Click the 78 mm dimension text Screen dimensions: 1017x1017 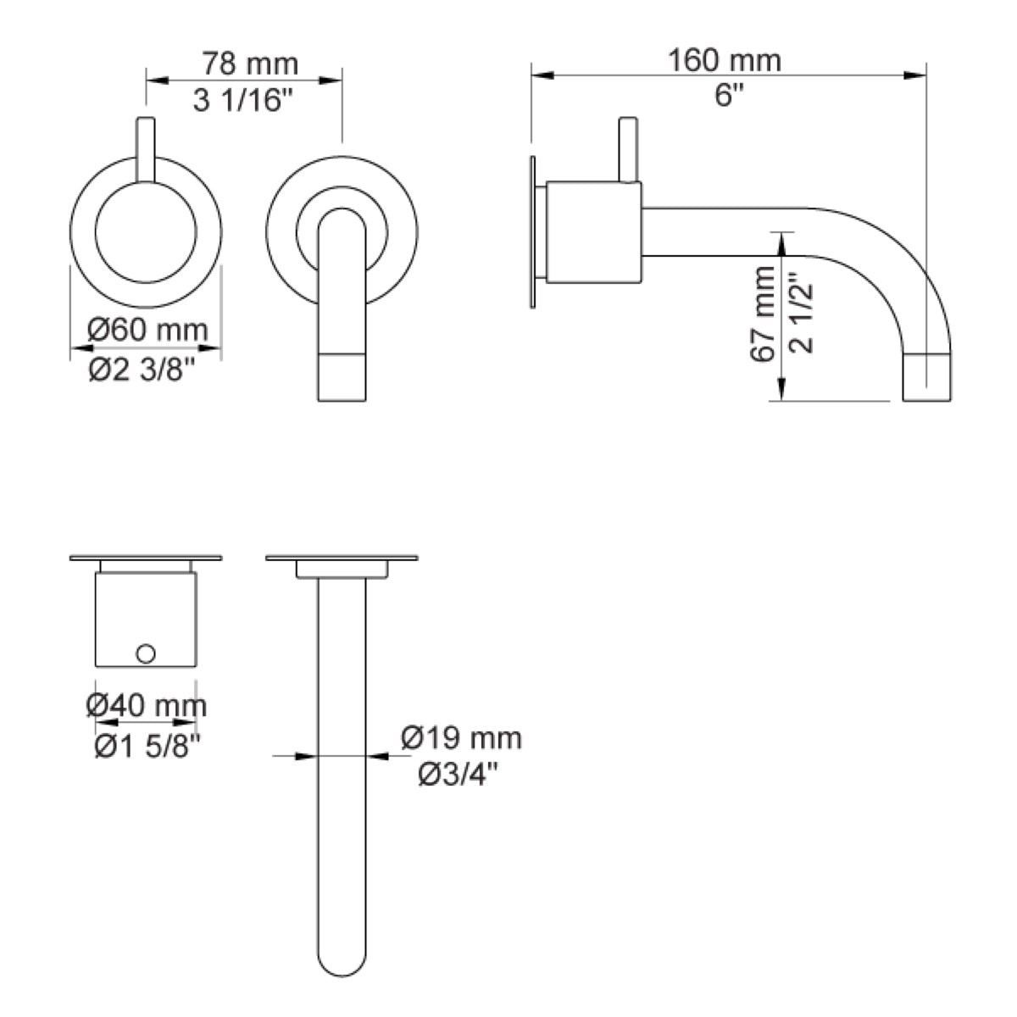pos(250,64)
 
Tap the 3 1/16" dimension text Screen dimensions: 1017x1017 pos(242,100)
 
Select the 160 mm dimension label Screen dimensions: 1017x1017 pos(724,60)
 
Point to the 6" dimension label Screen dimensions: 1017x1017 pos(728,96)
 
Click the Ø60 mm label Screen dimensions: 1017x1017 pos(147,331)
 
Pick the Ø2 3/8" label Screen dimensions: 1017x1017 pos(142,370)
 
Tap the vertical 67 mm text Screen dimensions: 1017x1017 pos(763,314)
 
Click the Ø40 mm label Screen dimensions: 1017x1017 pos(146,706)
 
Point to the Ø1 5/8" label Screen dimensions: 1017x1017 pos(147,747)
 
